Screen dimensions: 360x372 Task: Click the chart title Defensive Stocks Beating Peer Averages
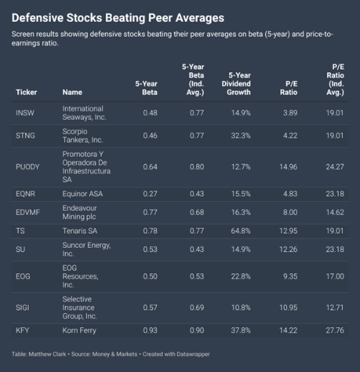[118, 18]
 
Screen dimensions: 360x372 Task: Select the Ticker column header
[26, 92]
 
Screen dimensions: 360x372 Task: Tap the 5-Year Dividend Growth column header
[236, 84]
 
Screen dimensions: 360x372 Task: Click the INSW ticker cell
[25, 112]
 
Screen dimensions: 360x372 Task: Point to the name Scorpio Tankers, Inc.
[83, 136]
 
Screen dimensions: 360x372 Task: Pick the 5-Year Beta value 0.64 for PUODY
[150, 166]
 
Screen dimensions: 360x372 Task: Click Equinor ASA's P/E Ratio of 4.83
[290, 194]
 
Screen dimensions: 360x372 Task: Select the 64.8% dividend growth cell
[241, 231]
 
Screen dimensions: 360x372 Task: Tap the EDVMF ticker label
[28, 212]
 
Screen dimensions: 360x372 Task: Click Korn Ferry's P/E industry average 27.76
[335, 330]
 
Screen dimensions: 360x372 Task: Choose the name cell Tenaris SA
[80, 231]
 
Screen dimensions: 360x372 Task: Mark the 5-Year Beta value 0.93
[150, 330]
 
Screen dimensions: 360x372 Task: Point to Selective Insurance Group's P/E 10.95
[288, 308]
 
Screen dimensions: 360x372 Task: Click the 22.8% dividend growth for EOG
[241, 276]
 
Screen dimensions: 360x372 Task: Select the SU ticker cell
[20, 249]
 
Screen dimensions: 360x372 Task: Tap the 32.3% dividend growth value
[241, 136]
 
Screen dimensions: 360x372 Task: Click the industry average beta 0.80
[197, 166]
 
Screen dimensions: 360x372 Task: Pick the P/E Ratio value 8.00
[290, 212]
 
